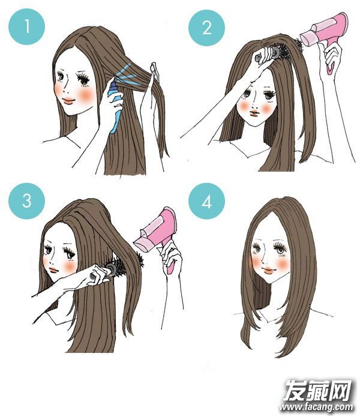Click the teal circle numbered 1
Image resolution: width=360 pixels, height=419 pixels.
27,26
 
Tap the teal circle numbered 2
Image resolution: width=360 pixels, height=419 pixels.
207,28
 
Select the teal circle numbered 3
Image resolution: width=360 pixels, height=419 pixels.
27,201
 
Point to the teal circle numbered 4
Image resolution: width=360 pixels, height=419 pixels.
207,201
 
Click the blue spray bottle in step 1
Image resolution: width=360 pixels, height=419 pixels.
115,106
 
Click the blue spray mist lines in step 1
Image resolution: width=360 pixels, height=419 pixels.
128,76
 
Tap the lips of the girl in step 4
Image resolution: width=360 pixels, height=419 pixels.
269,271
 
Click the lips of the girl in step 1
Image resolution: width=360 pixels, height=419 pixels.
68,101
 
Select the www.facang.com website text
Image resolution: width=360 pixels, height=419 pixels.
316,407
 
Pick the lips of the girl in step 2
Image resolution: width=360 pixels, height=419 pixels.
254,113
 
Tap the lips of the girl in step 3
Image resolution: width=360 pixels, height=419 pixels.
53,270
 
